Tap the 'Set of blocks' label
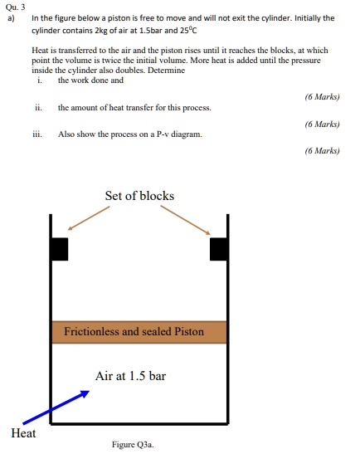pyautogui.click(x=139, y=196)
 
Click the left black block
pyautogui.click(x=59, y=248)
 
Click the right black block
pyautogui.click(x=219, y=248)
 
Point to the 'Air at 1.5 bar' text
pyautogui.click(x=130, y=376)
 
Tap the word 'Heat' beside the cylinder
pyautogui.click(x=23, y=432)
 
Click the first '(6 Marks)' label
pyautogui.click(x=322, y=96)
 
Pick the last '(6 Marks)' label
pyautogui.click(x=322, y=151)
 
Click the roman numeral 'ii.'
pyautogui.click(x=38, y=108)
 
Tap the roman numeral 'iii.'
pyautogui.click(x=39, y=134)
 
